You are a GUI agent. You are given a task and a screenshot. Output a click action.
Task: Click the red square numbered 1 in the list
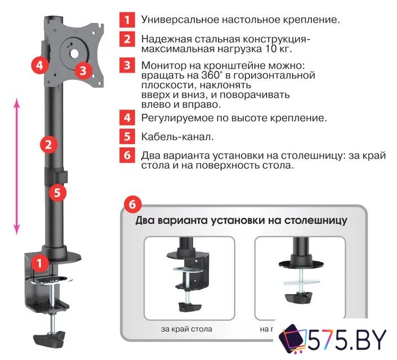[127, 20]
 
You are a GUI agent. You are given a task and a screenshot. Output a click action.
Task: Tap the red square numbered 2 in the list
[127, 39]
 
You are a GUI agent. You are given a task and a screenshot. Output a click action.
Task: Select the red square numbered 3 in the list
[127, 65]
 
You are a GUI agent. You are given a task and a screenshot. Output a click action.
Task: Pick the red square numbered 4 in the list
[127, 118]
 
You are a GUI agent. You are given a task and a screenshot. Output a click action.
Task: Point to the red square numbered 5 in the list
[127, 136]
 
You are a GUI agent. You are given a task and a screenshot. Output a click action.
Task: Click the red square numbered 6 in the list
[127, 155]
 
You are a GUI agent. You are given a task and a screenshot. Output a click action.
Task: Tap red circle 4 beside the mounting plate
[38, 65]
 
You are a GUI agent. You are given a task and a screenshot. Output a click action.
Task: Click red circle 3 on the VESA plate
[83, 70]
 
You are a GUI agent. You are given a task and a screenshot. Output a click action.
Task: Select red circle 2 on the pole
[50, 144]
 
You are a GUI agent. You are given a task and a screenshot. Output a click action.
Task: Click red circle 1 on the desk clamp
[38, 262]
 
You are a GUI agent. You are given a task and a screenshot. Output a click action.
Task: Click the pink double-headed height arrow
[17, 166]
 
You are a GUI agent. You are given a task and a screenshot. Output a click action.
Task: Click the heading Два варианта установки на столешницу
[241, 220]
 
